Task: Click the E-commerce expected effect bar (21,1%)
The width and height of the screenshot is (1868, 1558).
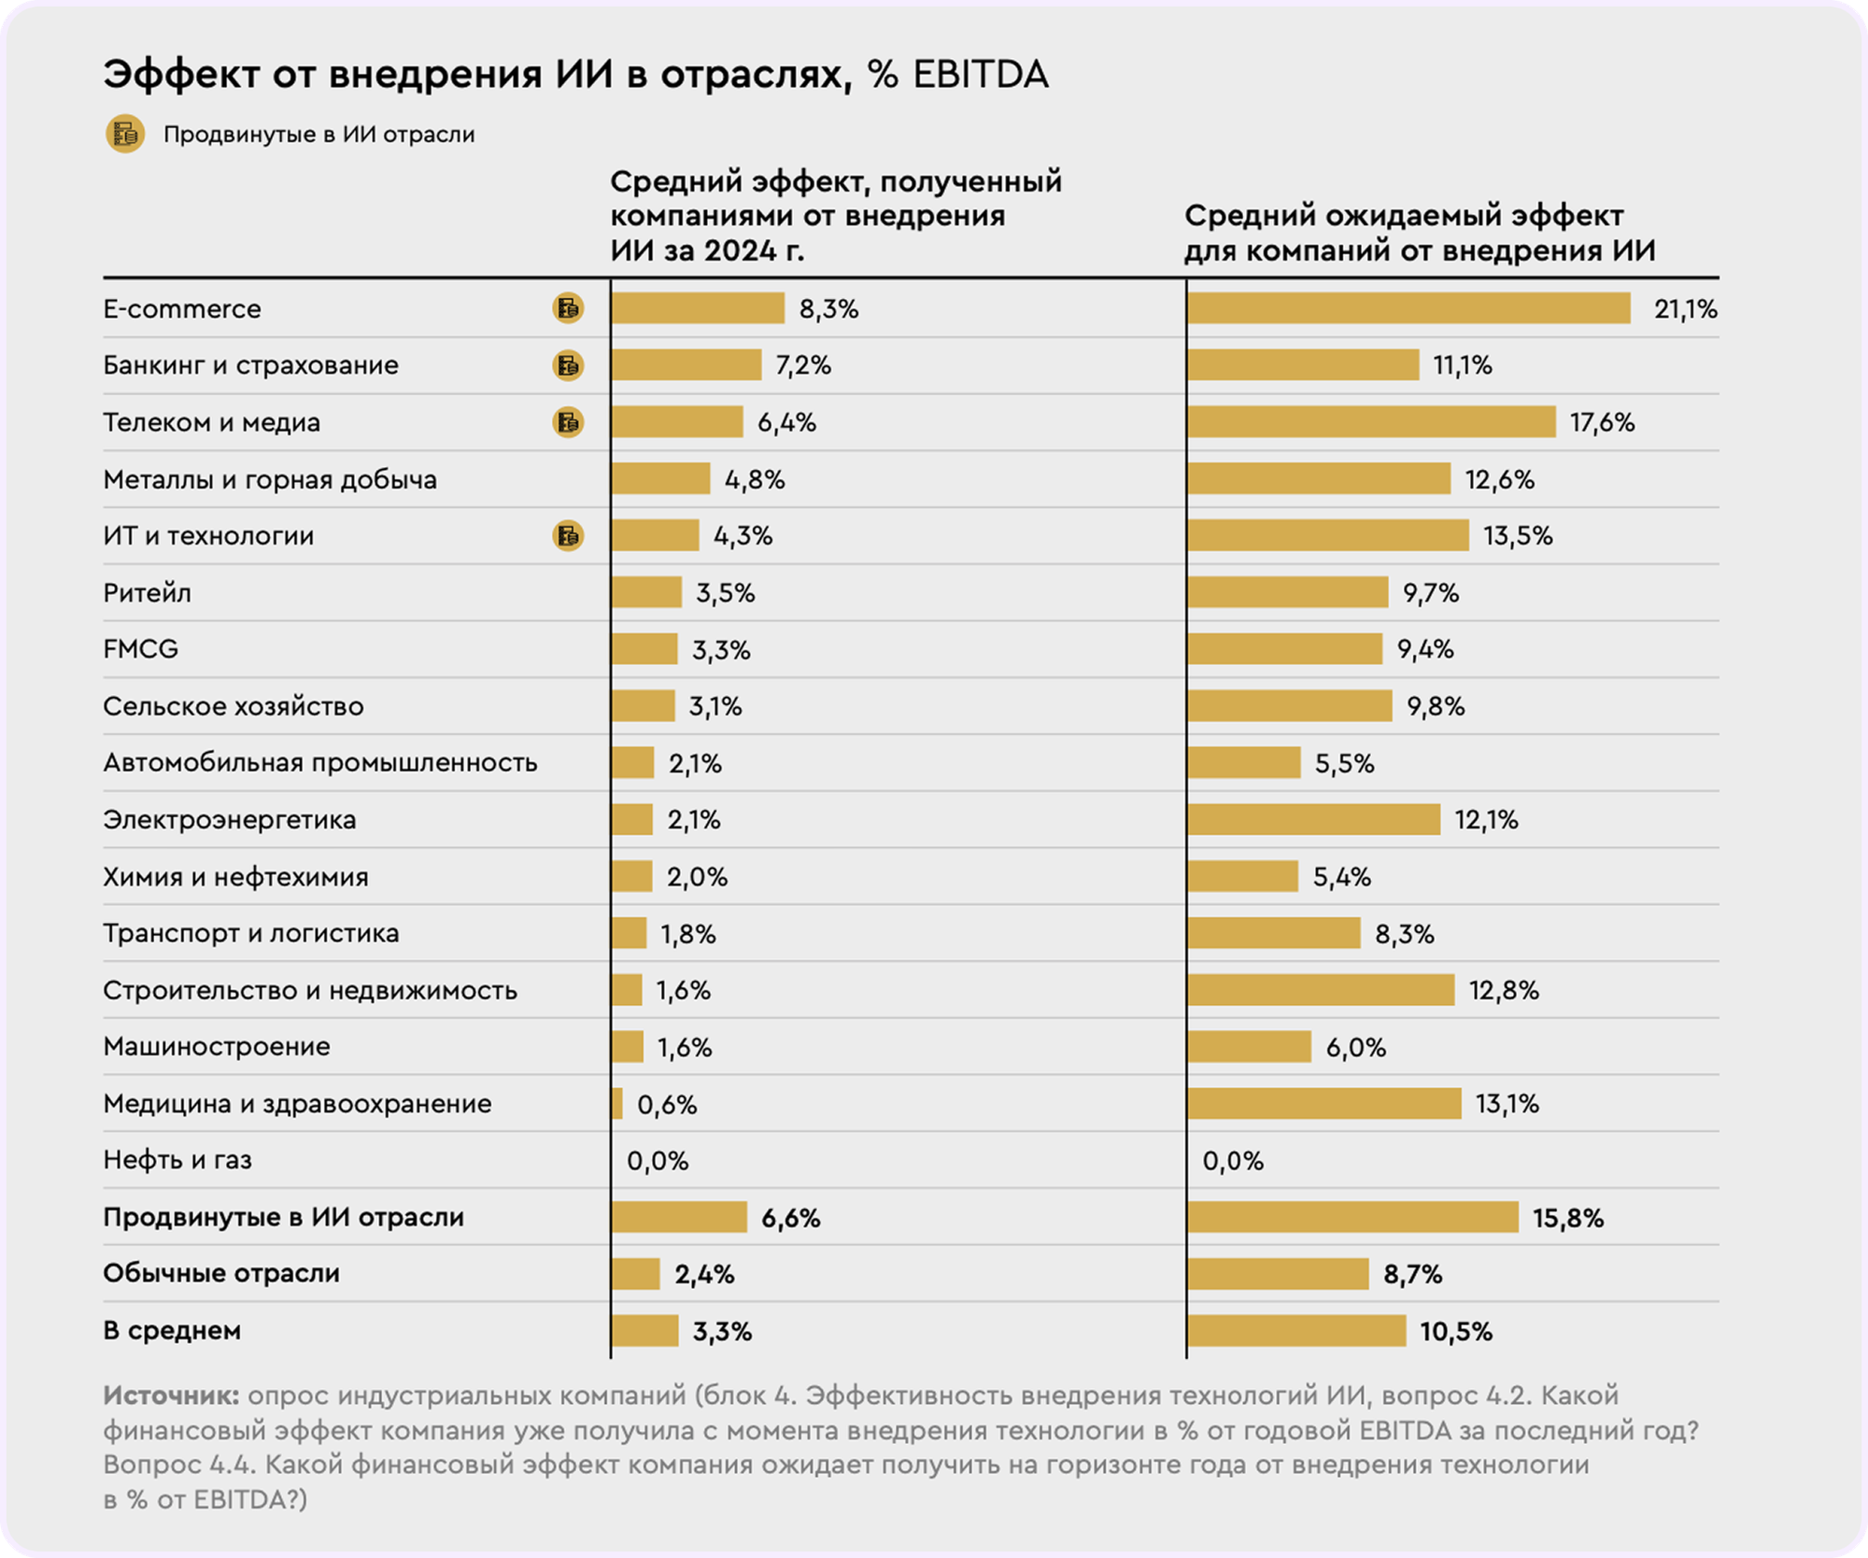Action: (1408, 308)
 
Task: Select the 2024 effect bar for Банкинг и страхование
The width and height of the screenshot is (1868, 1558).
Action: (686, 365)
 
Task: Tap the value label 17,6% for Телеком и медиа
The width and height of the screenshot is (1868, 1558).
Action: (1602, 422)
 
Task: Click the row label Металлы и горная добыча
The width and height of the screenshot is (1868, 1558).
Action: (270, 479)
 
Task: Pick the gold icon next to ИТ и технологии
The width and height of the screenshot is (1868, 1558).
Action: (568, 535)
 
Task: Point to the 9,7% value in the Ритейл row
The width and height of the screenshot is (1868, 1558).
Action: (1430, 593)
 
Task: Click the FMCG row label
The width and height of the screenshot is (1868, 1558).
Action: (140, 648)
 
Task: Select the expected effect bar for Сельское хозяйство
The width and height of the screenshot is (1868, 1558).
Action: (1290, 706)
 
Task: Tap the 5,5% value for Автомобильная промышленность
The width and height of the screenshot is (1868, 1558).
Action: (1344, 763)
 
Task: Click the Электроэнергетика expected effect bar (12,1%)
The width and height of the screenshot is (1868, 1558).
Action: (1313, 819)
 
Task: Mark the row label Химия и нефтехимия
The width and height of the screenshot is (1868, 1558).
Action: (235, 877)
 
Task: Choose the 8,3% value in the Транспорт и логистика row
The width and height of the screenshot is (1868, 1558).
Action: (1404, 934)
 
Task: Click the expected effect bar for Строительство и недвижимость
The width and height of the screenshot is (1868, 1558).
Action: (1321, 990)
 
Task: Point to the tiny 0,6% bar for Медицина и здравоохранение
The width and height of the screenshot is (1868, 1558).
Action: (617, 1103)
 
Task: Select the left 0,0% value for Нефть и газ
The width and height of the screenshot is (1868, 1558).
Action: (658, 1161)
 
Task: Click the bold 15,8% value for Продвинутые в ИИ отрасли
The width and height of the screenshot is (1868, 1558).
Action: (1568, 1218)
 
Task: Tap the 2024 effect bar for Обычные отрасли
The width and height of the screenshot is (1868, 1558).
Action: (636, 1274)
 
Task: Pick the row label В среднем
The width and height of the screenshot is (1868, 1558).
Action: (172, 1330)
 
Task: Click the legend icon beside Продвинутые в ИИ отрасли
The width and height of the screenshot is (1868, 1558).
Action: (124, 134)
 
